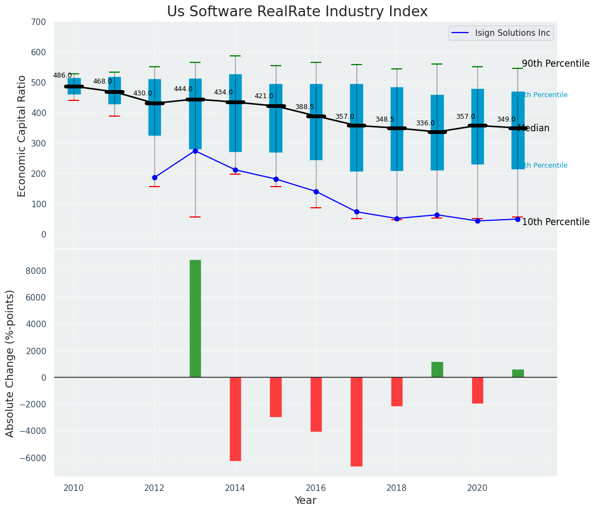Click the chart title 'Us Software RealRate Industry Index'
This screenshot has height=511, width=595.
click(297, 12)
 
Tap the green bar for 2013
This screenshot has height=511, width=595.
click(195, 318)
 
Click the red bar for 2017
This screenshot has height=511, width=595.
click(357, 421)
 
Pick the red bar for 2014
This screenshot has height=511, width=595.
click(235, 419)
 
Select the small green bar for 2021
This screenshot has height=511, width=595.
click(518, 373)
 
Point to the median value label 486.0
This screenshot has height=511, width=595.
click(62, 75)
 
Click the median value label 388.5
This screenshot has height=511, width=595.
click(305, 107)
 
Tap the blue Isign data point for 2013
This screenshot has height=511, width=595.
click(195, 151)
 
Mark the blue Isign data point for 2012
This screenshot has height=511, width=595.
click(154, 177)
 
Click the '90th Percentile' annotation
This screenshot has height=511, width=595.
click(555, 63)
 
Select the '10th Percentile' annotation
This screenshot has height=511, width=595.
click(555, 222)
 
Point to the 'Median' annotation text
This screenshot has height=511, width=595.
click(534, 129)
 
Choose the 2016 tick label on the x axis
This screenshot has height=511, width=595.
click(316, 488)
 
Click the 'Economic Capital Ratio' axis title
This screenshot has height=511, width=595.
click(22, 136)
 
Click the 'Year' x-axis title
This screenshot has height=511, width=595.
click(306, 501)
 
